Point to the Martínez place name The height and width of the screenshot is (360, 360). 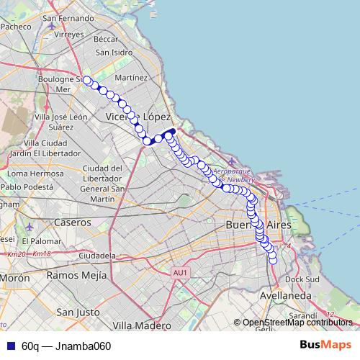tap(130, 77)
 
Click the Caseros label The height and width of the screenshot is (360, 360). tap(72, 222)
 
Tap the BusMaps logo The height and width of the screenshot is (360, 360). tap(325, 345)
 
